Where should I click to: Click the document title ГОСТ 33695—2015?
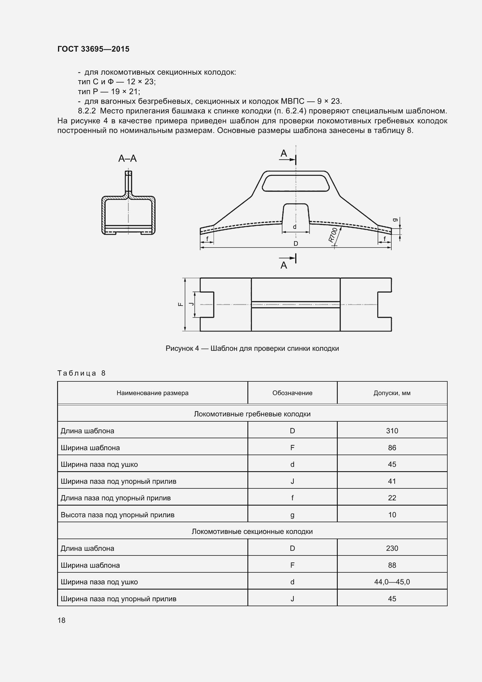(93, 49)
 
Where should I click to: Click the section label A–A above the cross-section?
(127, 159)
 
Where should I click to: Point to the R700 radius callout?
(333, 235)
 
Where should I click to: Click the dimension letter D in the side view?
(295, 243)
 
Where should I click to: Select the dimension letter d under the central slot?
(294, 227)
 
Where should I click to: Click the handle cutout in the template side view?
(295, 183)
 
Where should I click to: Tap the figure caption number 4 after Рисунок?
(197, 348)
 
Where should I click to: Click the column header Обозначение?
(292, 393)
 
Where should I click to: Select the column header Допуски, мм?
(392, 393)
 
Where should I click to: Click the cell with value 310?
(392, 431)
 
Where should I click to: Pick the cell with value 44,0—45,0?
(392, 582)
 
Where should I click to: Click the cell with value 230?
(392, 548)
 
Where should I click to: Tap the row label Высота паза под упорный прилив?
(117, 515)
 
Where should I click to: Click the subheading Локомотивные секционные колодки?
(252, 532)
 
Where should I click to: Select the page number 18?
(61, 620)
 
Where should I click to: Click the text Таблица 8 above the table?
(81, 373)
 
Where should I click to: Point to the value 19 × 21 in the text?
(125, 92)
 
